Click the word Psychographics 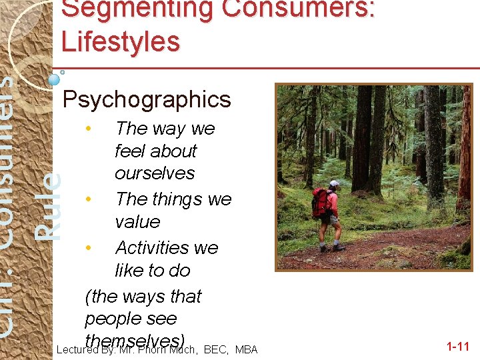pos(146,100)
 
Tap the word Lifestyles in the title pos(121,41)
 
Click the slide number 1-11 pos(458,347)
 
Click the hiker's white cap pos(334,183)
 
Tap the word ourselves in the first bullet pos(155,173)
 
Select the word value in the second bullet pos(137,222)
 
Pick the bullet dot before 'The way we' pos(89,127)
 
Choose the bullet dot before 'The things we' pos(89,199)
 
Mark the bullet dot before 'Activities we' pos(89,247)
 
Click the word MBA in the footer pos(246,349)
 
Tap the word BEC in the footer pos(215,349)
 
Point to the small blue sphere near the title pos(54,79)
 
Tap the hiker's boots pos(331,247)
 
